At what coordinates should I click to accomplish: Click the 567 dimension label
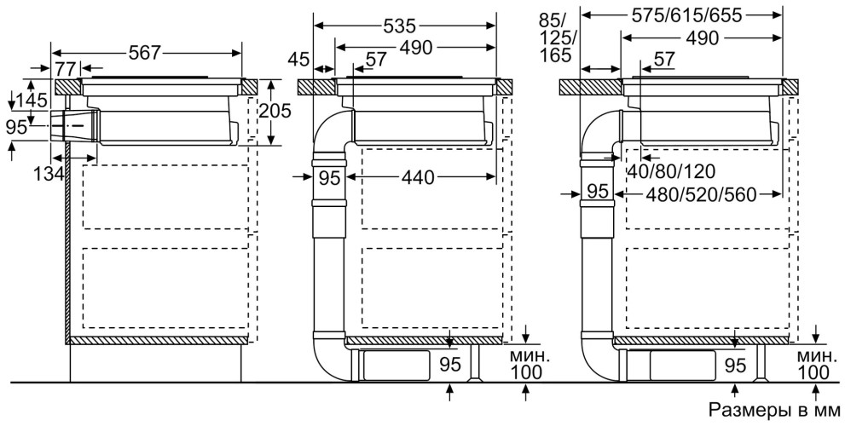144,52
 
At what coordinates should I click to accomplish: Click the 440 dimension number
418,177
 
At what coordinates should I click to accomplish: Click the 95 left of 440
329,177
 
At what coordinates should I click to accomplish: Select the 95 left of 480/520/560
599,193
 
